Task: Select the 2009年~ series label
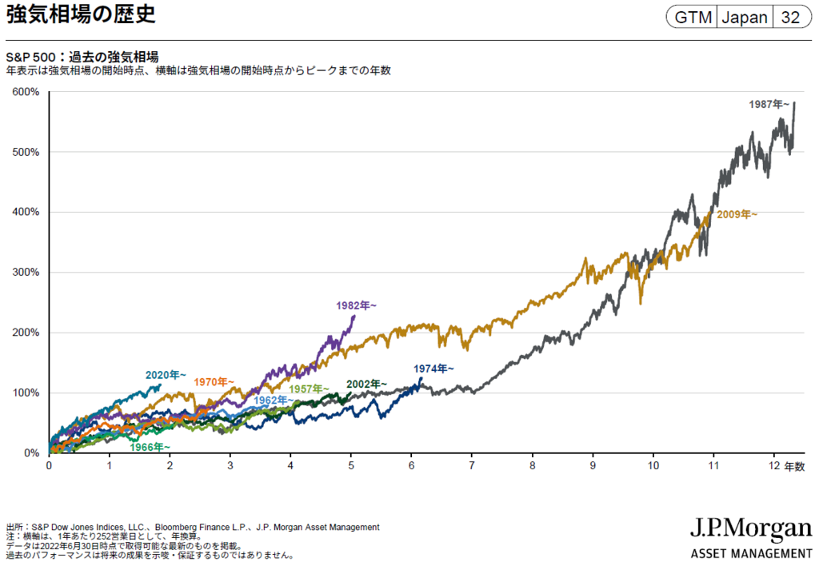point(736,214)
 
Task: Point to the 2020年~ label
point(166,374)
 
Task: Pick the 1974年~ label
point(433,369)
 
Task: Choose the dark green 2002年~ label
point(366,384)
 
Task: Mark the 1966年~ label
point(150,447)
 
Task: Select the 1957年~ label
point(310,389)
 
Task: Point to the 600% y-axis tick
point(26,92)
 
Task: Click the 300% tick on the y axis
point(26,273)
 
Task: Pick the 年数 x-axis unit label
point(794,466)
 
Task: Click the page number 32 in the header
point(790,17)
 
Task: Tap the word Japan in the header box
point(745,17)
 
